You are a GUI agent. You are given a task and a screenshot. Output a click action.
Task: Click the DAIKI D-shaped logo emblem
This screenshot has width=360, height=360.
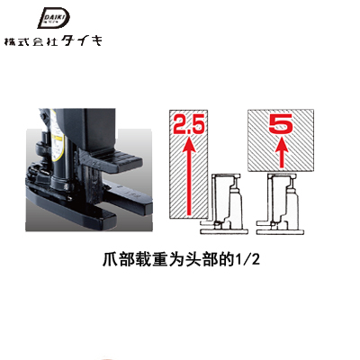(53, 18)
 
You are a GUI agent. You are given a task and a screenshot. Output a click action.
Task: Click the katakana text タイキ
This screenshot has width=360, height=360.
(81, 40)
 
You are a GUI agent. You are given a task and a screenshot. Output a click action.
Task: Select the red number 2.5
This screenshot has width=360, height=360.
(189, 124)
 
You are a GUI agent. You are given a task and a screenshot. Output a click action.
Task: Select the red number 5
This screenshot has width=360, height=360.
(281, 123)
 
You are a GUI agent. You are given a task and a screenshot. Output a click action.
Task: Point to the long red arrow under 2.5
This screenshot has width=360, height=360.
(189, 175)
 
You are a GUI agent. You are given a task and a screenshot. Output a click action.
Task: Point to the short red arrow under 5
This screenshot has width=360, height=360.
(281, 151)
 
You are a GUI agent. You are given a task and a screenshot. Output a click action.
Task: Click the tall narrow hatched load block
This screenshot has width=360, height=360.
(189, 164)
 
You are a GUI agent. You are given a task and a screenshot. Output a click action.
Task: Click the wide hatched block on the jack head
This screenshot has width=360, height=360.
(281, 140)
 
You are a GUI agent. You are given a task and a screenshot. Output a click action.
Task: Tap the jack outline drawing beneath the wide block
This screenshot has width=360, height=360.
(280, 204)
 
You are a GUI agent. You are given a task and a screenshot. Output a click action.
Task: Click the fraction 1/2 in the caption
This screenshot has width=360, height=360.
(248, 260)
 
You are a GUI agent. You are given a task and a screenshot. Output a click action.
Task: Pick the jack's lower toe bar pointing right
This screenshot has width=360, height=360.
(129, 197)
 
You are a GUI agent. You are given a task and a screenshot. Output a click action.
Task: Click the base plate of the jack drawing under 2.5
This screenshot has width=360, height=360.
(224, 232)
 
